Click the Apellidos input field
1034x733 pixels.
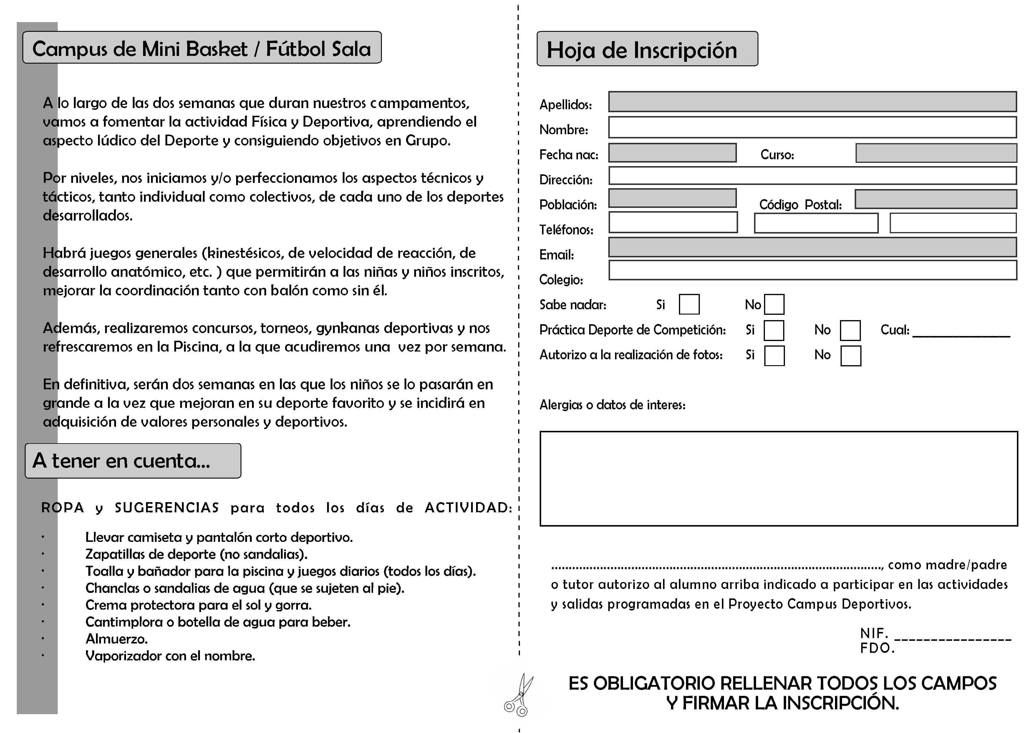(812, 102)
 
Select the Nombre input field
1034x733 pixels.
(812, 127)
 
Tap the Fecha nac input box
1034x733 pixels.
(672, 153)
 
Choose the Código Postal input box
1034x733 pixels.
(936, 199)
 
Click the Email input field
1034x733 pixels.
(812, 247)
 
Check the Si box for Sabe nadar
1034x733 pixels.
(689, 304)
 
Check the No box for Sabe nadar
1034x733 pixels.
(774, 304)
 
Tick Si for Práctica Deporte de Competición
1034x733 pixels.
(774, 330)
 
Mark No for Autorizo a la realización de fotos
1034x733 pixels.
(850, 356)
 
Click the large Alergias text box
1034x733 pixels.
(778, 479)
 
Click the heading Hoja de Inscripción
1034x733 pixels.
(642, 50)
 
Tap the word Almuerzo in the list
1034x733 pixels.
(116, 639)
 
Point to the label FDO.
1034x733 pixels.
(876, 648)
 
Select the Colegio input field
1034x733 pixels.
(812, 270)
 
